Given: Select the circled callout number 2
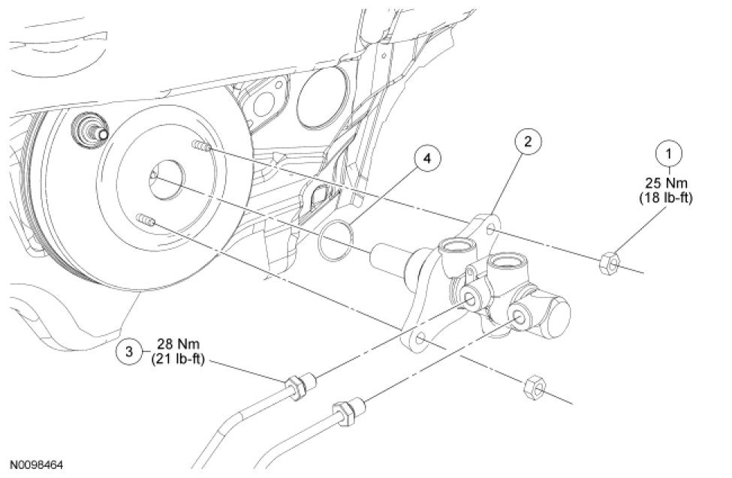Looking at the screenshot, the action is coord(528,141).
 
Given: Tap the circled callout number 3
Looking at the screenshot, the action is coord(130,350).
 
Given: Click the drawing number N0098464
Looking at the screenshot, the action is coord(37,465).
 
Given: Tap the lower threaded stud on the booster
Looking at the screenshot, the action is coord(147,222).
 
